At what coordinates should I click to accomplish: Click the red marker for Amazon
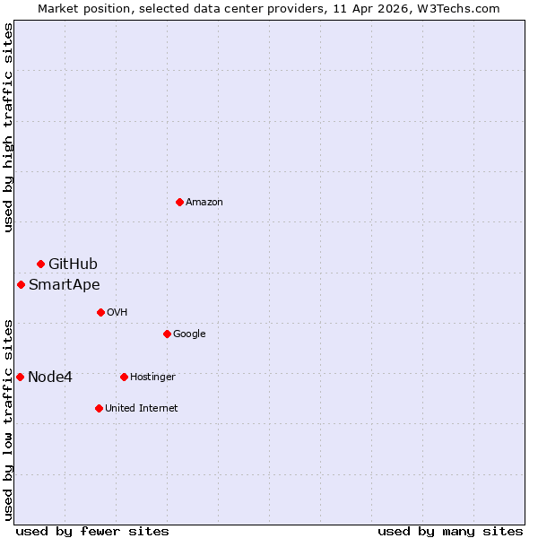[x=179, y=202]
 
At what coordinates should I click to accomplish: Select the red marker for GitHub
[x=40, y=264]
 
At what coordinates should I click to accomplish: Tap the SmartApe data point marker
[x=21, y=284]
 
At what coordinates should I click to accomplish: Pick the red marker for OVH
[x=100, y=312]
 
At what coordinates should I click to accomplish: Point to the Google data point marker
[x=167, y=334]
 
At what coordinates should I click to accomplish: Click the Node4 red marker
[x=20, y=377]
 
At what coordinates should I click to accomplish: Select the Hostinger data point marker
[x=124, y=377]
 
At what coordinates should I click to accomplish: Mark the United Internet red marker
[x=99, y=408]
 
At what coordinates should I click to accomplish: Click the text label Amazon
[x=204, y=202]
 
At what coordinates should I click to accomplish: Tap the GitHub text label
[x=73, y=264]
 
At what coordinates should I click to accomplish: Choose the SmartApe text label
[x=64, y=285]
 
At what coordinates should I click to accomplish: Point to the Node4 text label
[x=50, y=377]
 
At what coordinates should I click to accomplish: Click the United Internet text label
[x=141, y=408]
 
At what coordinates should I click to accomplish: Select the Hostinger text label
[x=152, y=377]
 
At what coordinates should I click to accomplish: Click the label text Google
[x=189, y=334]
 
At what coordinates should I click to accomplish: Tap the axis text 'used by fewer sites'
[x=92, y=531]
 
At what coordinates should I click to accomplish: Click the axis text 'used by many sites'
[x=450, y=531]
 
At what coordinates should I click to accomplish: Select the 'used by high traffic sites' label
[x=8, y=128]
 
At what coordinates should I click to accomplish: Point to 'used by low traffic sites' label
[x=8, y=419]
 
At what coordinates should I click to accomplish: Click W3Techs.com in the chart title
[x=456, y=8]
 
